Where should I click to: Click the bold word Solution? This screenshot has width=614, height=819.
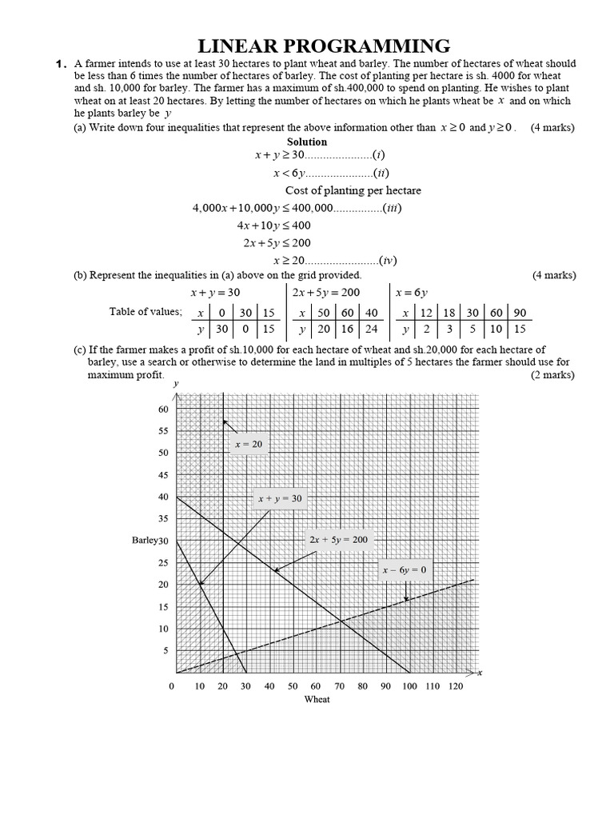307,142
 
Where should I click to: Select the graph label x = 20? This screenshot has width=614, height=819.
248,444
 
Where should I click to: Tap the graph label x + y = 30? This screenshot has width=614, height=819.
280,498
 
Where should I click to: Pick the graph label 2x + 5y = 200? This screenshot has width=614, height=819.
338,540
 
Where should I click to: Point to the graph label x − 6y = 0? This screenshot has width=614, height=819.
404,570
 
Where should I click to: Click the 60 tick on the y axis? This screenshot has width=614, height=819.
164,409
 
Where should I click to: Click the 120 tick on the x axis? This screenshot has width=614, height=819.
456,686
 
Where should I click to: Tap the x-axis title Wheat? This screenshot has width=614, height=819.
317,699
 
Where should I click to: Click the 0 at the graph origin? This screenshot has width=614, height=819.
170,686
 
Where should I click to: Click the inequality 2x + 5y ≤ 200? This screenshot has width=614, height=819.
277,242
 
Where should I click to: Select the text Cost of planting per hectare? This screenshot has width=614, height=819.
353,190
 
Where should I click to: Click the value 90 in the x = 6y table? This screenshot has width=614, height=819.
520,313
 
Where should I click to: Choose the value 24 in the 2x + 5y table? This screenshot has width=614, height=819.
371,329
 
